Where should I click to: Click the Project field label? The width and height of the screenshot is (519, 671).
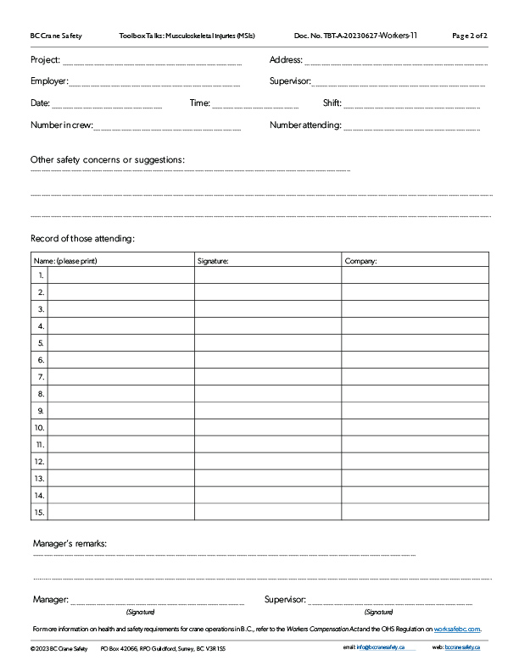tap(45, 60)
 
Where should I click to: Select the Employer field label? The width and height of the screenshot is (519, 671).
tap(48, 81)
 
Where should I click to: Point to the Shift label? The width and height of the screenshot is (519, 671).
tap(332, 103)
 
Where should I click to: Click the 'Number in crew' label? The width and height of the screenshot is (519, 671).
tap(61, 125)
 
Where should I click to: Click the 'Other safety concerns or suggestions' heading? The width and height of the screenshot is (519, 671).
tap(108, 159)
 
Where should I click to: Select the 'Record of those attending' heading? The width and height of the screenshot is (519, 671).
tap(82, 238)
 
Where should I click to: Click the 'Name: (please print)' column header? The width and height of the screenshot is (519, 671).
tap(65, 261)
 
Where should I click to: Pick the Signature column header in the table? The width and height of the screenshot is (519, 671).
tap(213, 261)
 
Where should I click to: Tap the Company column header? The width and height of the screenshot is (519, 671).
tap(360, 261)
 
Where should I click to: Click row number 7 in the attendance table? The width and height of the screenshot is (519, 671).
tap(41, 376)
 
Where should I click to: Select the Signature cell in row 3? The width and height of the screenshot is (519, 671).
tap(268, 308)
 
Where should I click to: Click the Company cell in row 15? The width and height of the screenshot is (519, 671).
tap(415, 512)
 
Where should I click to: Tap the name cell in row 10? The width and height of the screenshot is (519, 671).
tap(122, 427)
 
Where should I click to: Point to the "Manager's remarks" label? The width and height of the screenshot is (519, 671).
tap(70, 542)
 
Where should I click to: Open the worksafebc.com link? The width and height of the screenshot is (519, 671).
tap(457, 629)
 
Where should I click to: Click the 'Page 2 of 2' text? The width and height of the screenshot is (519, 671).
tap(470, 36)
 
